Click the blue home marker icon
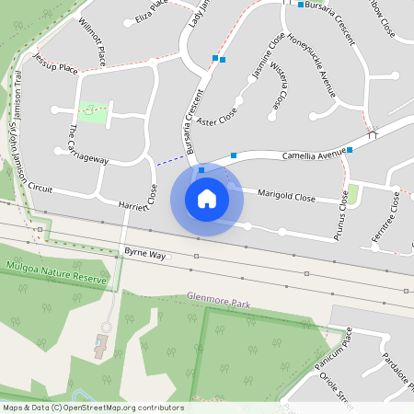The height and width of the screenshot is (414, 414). click(207, 199)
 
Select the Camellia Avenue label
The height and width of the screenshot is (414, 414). click(314, 155)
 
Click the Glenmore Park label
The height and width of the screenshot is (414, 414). click(217, 298)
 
